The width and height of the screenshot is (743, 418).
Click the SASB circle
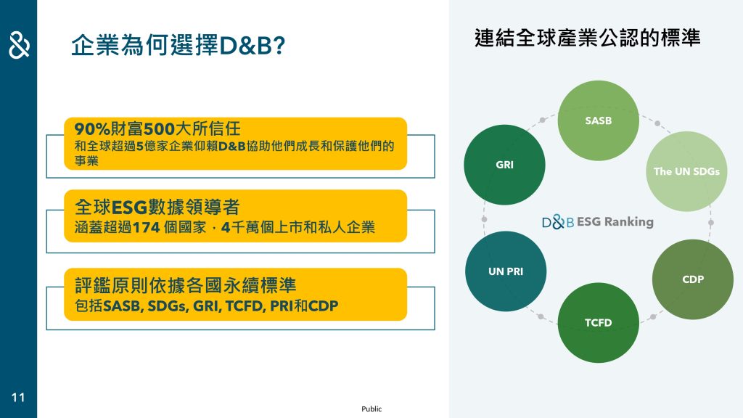click(x=598, y=120)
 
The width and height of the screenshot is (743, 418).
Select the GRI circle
click(x=505, y=165)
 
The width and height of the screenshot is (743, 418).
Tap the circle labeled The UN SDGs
click(x=686, y=171)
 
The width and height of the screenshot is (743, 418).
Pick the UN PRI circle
click(x=506, y=271)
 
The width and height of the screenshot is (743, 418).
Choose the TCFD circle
click(x=598, y=323)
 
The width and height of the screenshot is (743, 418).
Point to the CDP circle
click(x=693, y=279)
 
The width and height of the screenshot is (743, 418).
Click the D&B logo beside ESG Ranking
click(x=558, y=222)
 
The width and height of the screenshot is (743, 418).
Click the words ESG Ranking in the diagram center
click(x=615, y=222)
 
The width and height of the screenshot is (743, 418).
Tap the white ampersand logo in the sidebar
click(x=19, y=45)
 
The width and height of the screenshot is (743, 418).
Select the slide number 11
click(x=18, y=397)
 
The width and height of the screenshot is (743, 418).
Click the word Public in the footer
click(x=371, y=409)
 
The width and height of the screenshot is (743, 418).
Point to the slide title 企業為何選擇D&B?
click(x=178, y=46)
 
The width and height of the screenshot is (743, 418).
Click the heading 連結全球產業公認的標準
click(x=587, y=38)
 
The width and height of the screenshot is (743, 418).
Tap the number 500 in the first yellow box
click(x=159, y=128)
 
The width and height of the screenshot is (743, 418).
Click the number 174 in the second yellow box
click(x=146, y=227)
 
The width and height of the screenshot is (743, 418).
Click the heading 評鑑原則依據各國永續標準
click(x=185, y=285)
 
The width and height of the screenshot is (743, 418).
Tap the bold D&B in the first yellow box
click(x=232, y=146)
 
